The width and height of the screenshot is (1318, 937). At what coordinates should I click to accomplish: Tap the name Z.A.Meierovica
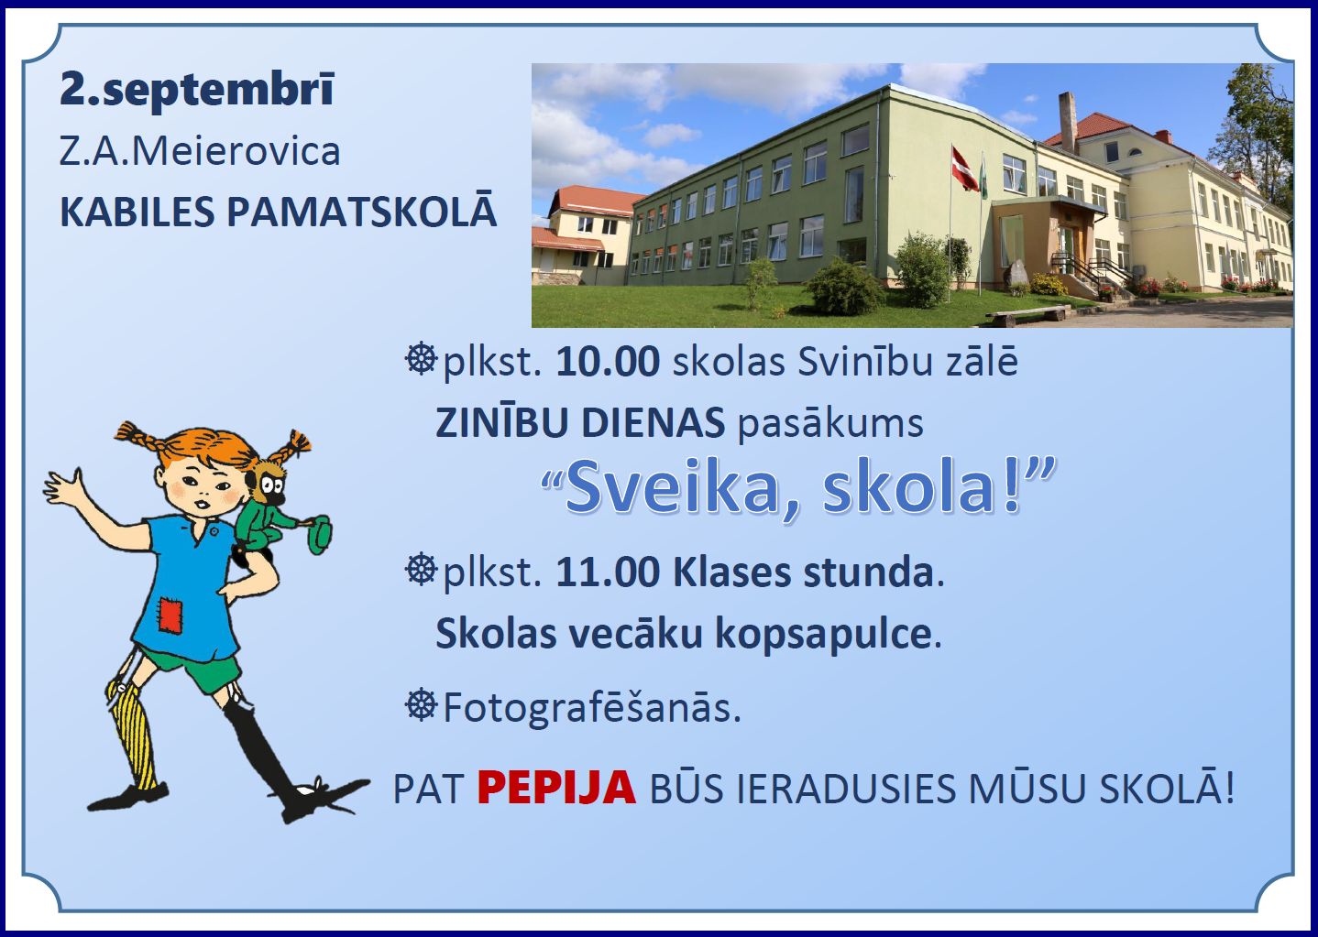point(200,152)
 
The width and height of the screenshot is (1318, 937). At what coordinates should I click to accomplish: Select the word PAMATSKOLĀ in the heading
point(362,212)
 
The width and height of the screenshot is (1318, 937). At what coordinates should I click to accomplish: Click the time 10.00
point(608,362)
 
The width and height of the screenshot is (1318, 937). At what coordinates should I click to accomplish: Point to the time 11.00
point(608,572)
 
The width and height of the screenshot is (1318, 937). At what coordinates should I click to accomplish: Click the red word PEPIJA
point(556,789)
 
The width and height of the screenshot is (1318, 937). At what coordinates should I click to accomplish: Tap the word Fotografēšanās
point(591,707)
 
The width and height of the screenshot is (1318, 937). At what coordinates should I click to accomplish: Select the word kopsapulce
point(828,635)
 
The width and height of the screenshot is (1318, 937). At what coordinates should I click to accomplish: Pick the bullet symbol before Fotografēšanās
point(422,704)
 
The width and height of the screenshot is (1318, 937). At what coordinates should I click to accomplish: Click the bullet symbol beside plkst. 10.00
point(422,359)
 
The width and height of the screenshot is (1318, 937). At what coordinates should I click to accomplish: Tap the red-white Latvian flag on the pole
point(963,169)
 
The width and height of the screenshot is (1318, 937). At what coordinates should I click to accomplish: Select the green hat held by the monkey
point(318,534)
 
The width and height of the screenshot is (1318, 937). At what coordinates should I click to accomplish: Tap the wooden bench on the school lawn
point(1028,314)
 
